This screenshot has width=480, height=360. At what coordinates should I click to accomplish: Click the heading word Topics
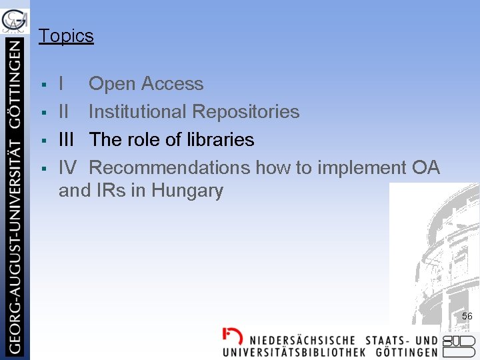point(66,36)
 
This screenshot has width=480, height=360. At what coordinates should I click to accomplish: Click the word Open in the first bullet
point(109,85)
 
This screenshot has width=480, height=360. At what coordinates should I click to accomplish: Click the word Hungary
point(187,191)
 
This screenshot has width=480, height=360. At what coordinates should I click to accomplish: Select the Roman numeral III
point(67,140)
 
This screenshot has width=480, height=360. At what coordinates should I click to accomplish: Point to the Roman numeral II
point(63,112)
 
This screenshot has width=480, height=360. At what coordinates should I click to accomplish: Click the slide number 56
point(467,316)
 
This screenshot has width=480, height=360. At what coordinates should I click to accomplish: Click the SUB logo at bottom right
point(459,345)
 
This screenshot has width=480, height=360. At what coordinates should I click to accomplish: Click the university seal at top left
point(15,20)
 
